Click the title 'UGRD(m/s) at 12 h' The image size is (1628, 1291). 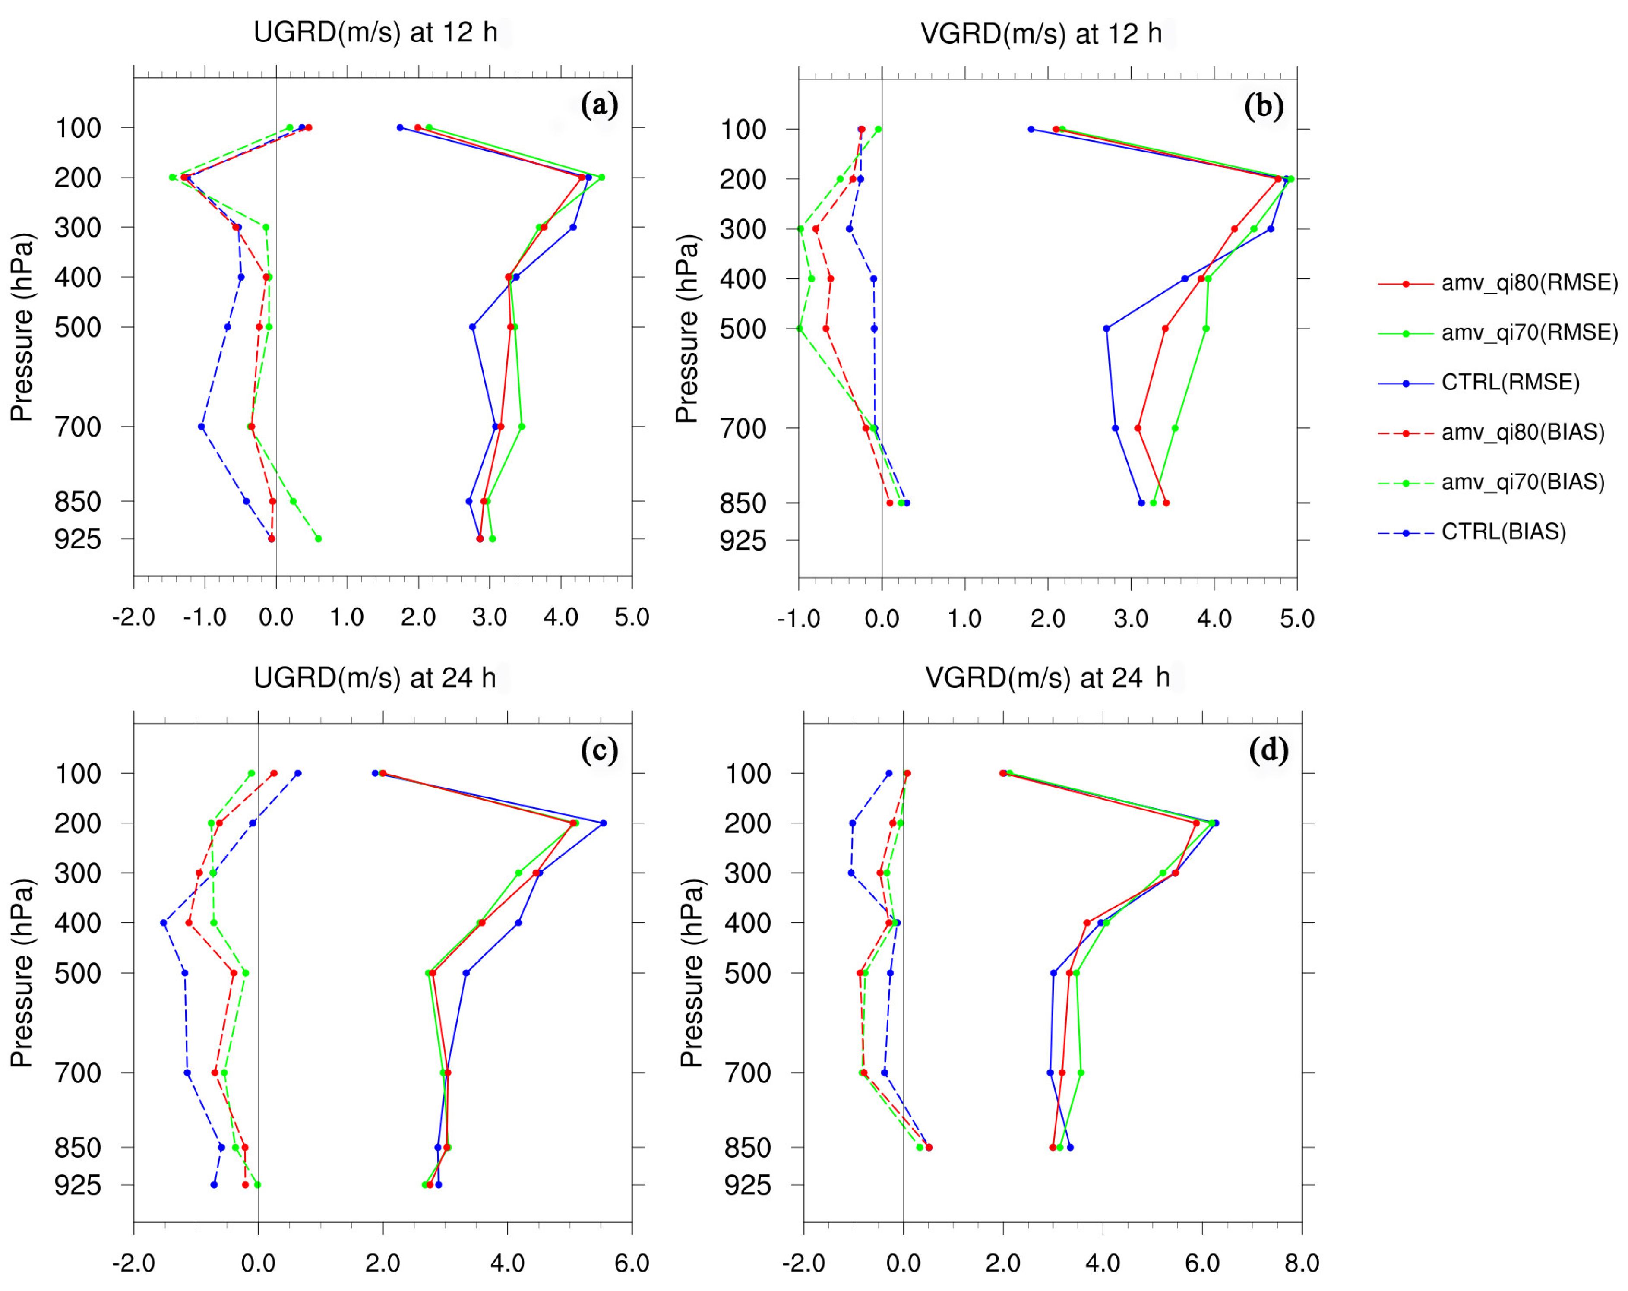[x=375, y=32]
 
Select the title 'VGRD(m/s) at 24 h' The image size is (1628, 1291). [x=1047, y=677]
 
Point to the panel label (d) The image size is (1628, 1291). [x=1268, y=750]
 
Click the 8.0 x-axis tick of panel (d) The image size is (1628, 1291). [x=1302, y=1263]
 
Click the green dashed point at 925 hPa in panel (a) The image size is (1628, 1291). [x=318, y=538]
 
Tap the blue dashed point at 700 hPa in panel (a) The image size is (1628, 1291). [x=202, y=427]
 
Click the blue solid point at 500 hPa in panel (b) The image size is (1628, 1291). [x=1106, y=329]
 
